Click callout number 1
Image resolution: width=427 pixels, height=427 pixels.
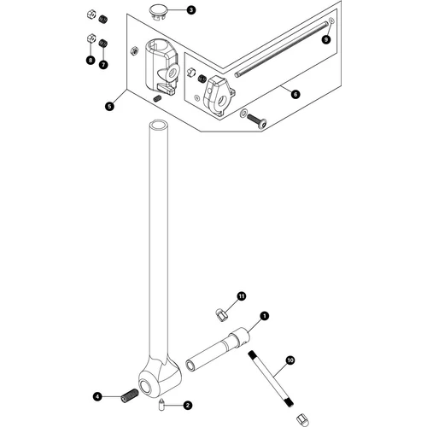(x=265, y=316)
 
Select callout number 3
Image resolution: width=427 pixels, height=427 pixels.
(x=191, y=10)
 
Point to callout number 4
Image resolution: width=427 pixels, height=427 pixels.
(x=98, y=396)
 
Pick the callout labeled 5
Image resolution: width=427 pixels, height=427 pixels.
(x=109, y=106)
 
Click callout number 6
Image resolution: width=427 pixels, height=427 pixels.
(x=296, y=96)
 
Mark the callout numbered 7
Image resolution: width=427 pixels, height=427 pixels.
(x=103, y=64)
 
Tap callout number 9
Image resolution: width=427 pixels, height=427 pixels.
(x=325, y=39)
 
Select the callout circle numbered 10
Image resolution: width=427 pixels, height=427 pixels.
(x=290, y=361)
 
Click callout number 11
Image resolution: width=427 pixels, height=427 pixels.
(x=242, y=295)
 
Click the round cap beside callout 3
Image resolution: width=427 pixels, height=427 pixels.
(x=157, y=9)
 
